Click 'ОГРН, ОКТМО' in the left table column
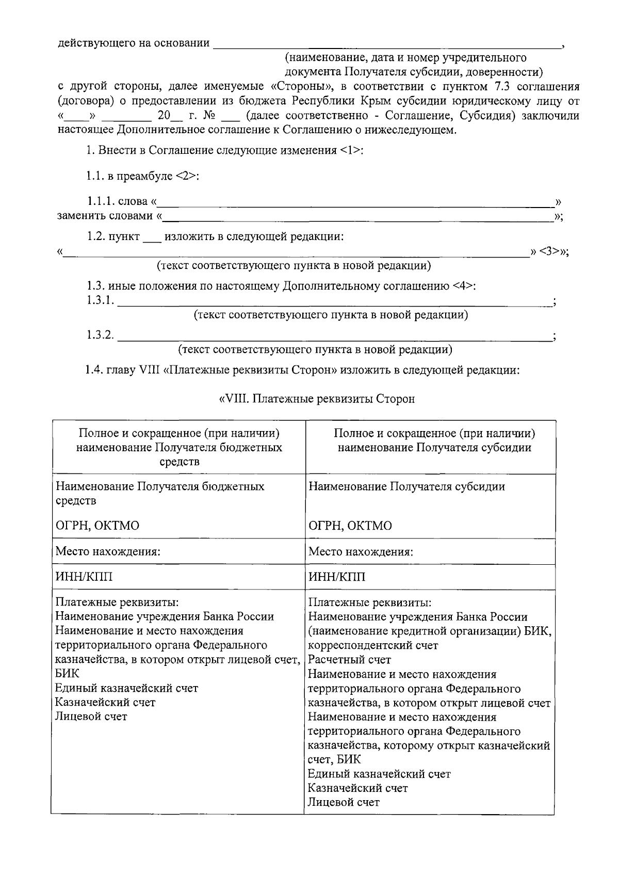[x=97, y=526]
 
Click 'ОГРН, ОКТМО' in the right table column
[x=350, y=526]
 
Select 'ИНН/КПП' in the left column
[x=84, y=577]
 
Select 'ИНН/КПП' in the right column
[x=337, y=577]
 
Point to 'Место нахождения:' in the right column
[x=361, y=552]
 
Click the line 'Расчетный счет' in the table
[x=350, y=660]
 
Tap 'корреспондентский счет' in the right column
[x=373, y=645]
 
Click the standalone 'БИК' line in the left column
[x=67, y=674]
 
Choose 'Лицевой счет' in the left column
[x=91, y=717]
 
